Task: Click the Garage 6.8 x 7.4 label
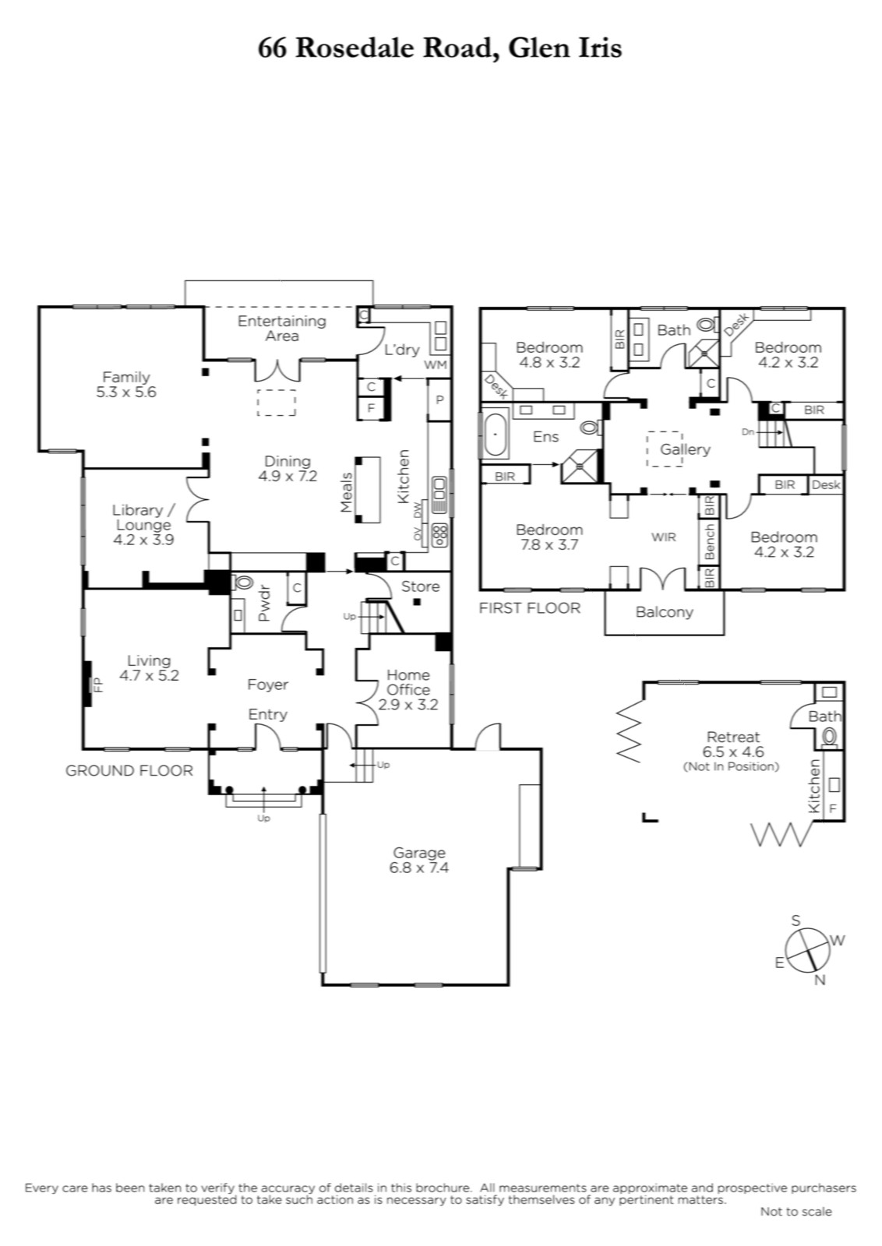[419, 860]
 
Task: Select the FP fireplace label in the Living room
[98, 685]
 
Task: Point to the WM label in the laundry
[436, 365]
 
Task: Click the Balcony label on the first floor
[664, 612]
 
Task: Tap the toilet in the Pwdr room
[243, 583]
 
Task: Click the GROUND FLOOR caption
[129, 770]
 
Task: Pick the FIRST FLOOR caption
[529, 608]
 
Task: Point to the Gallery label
[685, 449]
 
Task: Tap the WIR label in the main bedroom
[664, 537]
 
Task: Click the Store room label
[420, 586]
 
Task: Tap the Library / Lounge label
[143, 525]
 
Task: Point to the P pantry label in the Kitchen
[439, 399]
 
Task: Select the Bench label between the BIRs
[709, 541]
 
